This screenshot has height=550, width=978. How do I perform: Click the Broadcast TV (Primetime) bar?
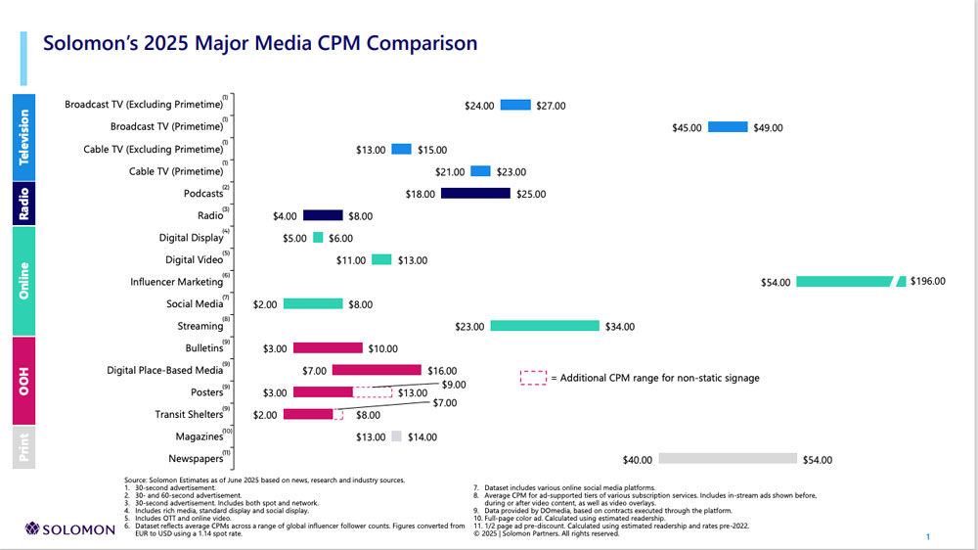(728, 127)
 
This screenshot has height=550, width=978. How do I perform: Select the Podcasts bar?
(475, 194)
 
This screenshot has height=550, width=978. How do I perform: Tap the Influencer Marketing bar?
(846, 282)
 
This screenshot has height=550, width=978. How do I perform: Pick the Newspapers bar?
(728, 459)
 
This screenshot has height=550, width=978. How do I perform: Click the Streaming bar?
(544, 327)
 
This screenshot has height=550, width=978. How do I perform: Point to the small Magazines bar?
(397, 437)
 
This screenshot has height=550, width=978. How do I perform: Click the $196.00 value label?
(927, 282)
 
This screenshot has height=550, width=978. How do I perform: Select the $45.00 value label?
(688, 128)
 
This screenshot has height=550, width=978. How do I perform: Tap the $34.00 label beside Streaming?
(619, 327)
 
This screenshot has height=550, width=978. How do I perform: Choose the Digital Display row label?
(192, 238)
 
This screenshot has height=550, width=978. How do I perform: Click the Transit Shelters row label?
(189, 415)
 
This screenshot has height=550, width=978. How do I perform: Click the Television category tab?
(24, 137)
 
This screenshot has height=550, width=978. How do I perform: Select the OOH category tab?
(24, 382)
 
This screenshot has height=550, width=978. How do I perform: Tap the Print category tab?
(24, 448)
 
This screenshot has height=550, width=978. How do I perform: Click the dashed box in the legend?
(533, 378)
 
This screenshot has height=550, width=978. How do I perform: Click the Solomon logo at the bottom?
(71, 529)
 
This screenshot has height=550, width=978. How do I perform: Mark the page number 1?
(927, 537)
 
